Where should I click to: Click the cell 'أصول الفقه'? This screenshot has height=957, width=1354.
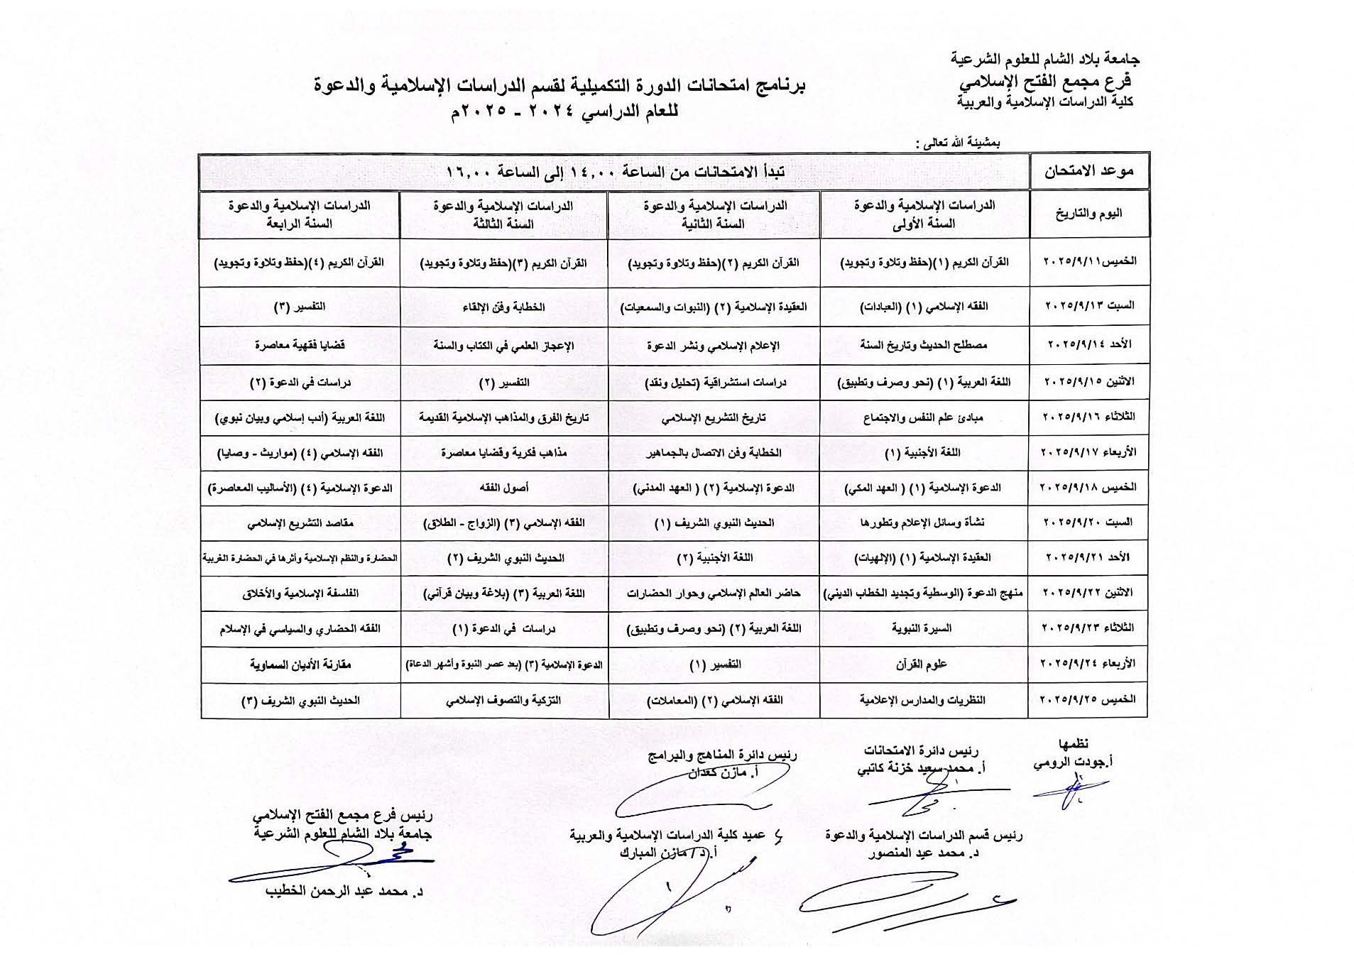(503, 488)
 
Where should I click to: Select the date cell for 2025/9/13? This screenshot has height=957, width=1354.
(1089, 306)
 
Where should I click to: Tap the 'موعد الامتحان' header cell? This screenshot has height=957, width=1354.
(1088, 172)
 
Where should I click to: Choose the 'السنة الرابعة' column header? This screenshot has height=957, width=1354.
(299, 214)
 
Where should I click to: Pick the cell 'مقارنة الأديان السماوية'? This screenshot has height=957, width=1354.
(300, 665)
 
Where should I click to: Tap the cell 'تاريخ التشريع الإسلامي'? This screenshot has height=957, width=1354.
(714, 417)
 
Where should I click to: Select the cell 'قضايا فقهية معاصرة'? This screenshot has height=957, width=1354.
(300, 345)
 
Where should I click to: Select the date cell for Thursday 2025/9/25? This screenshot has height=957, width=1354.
(1089, 699)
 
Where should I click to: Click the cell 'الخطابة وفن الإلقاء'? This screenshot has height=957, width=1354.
(503, 307)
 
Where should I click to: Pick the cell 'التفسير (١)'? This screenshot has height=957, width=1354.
(714, 665)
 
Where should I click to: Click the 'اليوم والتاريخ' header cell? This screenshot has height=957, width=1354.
(1088, 214)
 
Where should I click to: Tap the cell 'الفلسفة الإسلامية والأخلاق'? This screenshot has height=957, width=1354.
(300, 594)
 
